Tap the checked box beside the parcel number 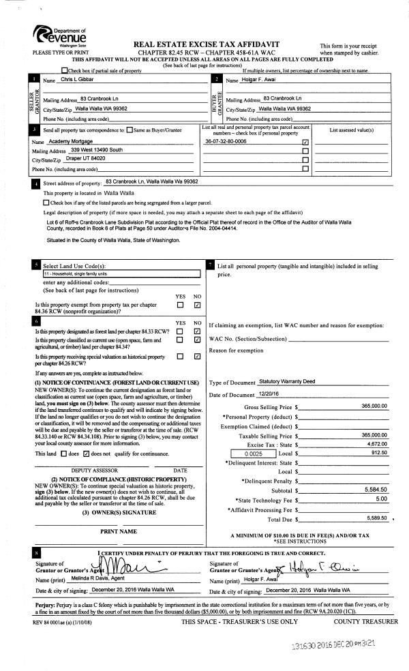[x=305, y=143]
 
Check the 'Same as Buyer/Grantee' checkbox [x=130, y=129]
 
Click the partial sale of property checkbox [x=65, y=70]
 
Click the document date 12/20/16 [x=269, y=393]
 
